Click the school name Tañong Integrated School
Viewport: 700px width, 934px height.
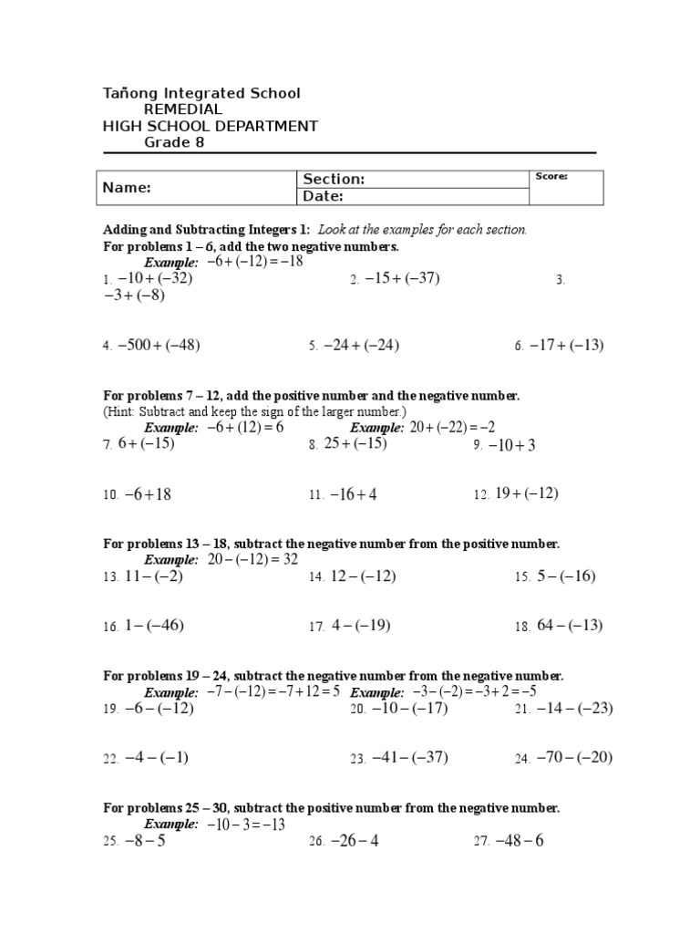pyautogui.click(x=201, y=93)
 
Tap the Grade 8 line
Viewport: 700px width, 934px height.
pyautogui.click(x=175, y=142)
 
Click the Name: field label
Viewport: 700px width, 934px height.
pyautogui.click(x=127, y=188)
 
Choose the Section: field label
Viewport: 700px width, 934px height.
pyautogui.click(x=334, y=180)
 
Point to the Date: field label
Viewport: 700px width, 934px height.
pyautogui.click(x=323, y=196)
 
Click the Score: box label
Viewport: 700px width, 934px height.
pyautogui.click(x=551, y=176)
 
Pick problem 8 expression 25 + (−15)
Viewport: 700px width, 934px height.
pyautogui.click(x=355, y=443)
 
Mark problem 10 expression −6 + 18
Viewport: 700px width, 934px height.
pyautogui.click(x=149, y=494)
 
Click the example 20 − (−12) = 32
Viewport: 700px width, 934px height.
pyautogui.click(x=252, y=559)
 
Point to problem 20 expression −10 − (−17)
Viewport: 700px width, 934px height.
pyautogui.click(x=408, y=708)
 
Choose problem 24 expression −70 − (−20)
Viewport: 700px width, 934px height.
pyautogui.click(x=575, y=757)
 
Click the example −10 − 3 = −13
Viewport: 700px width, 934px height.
pyautogui.click(x=246, y=824)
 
